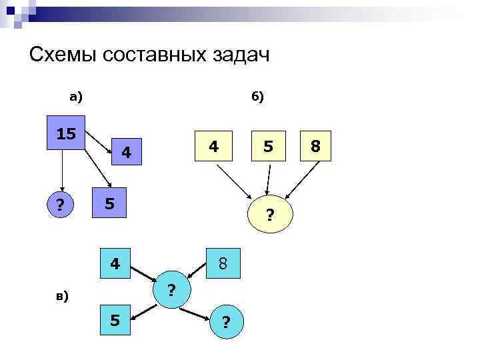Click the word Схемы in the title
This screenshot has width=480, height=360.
63,55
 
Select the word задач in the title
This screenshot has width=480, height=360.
237,55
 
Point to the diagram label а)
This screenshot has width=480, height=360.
76,97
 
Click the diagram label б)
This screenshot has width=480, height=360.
257,97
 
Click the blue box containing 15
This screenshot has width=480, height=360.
65,134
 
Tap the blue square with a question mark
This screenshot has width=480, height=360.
61,205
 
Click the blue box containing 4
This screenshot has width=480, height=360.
115,263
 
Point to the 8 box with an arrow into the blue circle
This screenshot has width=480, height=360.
223,263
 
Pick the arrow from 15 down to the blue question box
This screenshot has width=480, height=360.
61,169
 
